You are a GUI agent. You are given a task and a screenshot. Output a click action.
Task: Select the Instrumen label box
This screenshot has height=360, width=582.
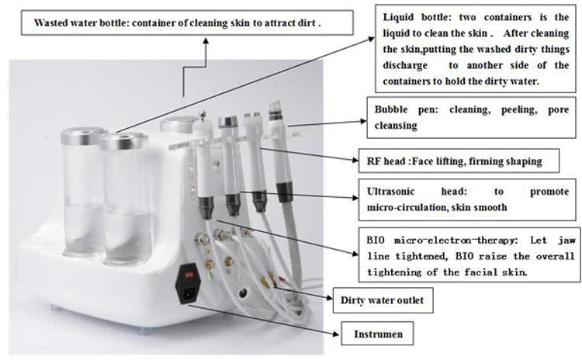click(379, 334)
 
